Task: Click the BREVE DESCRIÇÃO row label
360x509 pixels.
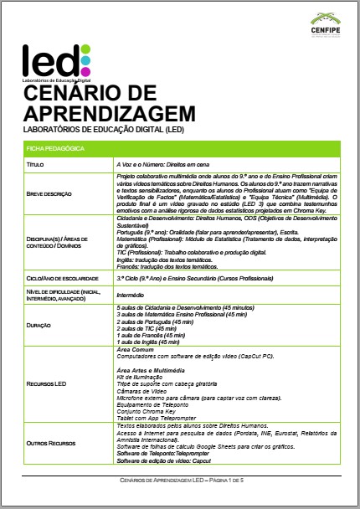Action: (x=51, y=193)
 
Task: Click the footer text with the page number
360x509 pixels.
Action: (x=179, y=481)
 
